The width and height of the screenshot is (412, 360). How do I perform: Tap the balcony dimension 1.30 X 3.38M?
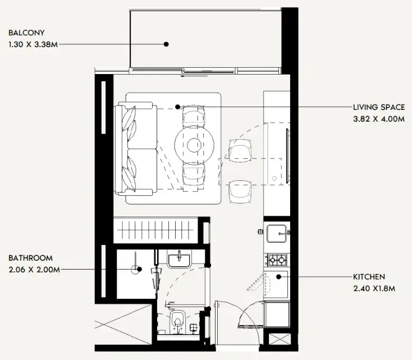[33, 44]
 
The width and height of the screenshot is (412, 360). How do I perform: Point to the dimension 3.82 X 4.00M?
[379, 118]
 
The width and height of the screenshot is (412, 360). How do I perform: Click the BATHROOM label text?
[30, 258]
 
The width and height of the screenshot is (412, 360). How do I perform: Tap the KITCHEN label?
[369, 277]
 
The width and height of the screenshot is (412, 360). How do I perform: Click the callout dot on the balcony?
[166, 44]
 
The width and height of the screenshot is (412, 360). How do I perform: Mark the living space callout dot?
[177, 106]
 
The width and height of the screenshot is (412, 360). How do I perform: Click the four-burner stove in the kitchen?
[277, 260]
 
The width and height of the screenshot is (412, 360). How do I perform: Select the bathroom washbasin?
[179, 260]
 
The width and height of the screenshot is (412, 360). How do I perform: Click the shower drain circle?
[136, 269]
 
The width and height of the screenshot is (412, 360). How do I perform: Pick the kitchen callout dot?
[278, 276]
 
